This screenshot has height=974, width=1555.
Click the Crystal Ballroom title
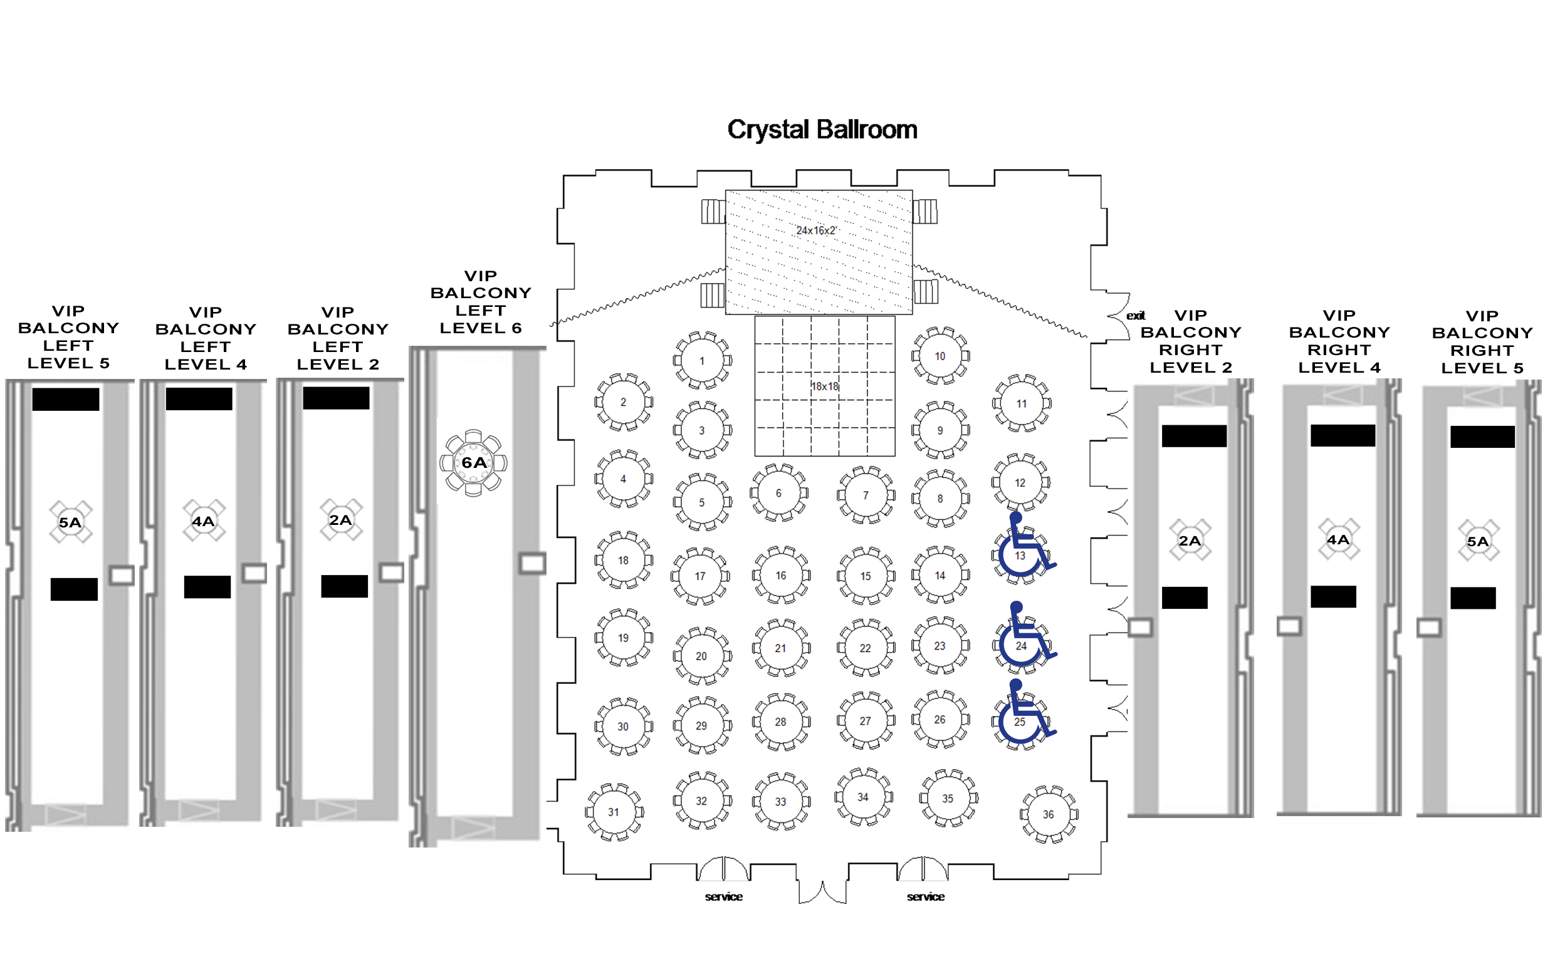[822, 130]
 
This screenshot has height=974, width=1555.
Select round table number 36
[1048, 814]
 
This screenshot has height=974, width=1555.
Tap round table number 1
[702, 361]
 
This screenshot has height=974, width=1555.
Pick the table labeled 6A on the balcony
[474, 462]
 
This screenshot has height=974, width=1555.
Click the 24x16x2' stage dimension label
[816, 230]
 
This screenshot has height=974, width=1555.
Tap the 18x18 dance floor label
[824, 386]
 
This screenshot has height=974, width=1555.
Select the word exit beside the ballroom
[1136, 316]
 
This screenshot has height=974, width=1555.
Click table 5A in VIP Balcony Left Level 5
[70, 522]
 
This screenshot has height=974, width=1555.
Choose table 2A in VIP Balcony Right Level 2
[1190, 541]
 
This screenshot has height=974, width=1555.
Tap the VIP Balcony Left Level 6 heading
[481, 302]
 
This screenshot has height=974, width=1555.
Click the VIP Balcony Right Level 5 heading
[1482, 342]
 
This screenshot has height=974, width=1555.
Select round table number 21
[780, 648]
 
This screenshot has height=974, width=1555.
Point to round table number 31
[614, 812]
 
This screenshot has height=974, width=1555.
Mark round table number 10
[940, 356]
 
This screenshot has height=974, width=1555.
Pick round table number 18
[623, 560]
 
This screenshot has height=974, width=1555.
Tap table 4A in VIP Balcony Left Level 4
[203, 521]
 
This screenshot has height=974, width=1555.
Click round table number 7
[866, 495]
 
